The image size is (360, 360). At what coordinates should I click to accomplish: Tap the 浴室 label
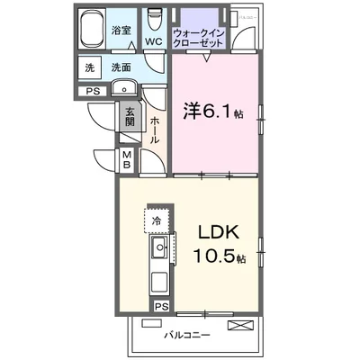[x=121, y=30]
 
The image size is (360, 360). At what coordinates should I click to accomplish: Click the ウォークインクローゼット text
[x=202, y=37]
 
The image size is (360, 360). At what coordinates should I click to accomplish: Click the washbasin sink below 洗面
[x=122, y=87]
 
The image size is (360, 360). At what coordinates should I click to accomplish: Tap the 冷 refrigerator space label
[x=157, y=220]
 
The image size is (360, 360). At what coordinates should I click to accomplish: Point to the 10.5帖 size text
[x=219, y=256]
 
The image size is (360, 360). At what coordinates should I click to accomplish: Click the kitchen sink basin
[x=160, y=247]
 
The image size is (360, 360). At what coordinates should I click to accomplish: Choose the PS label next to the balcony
[x=161, y=306]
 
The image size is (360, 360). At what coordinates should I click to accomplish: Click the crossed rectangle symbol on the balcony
[x=238, y=325]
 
